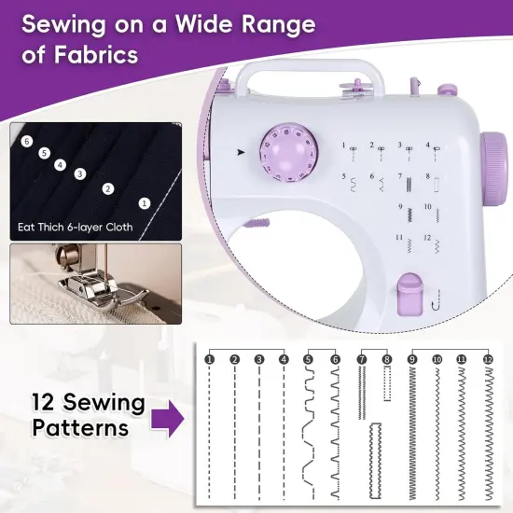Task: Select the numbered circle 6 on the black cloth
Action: point(28,141)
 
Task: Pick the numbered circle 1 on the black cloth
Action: point(144,201)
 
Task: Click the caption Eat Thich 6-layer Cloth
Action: point(76,227)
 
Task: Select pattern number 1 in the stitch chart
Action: point(210,359)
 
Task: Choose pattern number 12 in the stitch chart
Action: point(487,359)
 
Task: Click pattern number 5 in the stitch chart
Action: point(309,359)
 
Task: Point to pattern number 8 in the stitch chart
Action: point(387,359)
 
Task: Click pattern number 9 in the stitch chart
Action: point(412,359)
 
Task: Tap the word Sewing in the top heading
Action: point(71,21)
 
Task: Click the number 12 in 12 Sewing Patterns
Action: point(48,404)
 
